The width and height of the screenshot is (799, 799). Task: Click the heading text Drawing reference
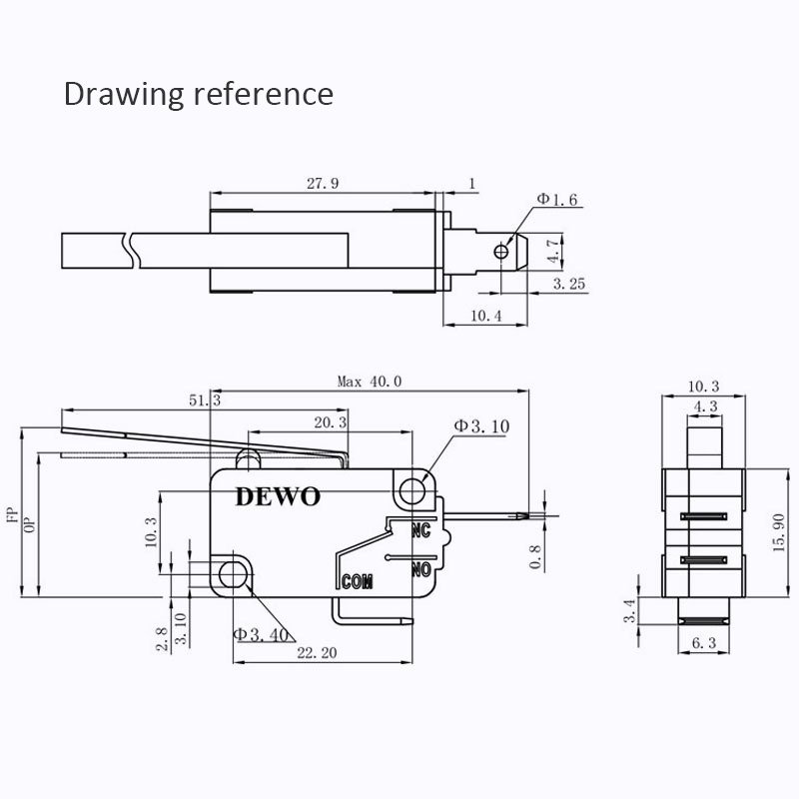[199, 94]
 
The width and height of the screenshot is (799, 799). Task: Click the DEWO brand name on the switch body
[278, 496]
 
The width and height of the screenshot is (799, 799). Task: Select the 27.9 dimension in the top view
[323, 183]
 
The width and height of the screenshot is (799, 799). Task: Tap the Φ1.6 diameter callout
[557, 200]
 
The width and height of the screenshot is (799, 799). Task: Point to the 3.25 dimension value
[570, 285]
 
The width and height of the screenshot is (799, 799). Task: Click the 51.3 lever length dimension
[204, 399]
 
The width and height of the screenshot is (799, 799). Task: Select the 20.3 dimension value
[330, 422]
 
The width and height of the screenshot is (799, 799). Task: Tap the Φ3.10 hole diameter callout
[481, 426]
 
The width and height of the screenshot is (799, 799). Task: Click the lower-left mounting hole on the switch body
[234, 572]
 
